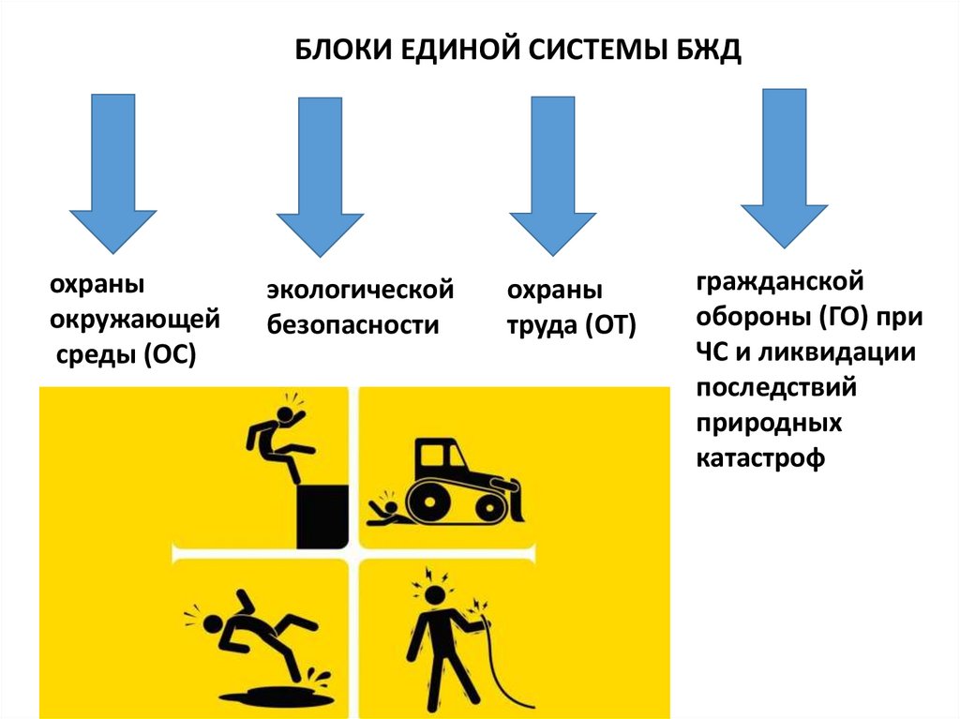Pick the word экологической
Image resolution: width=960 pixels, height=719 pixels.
(360, 291)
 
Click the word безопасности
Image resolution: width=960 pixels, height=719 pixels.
(353, 324)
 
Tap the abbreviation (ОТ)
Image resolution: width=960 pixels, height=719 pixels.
(611, 325)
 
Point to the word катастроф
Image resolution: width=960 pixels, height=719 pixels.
(760, 459)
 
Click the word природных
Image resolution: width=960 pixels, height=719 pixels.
(769, 424)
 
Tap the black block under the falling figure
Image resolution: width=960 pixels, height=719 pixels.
(322, 517)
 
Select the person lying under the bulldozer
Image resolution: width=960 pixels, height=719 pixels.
(384, 506)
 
